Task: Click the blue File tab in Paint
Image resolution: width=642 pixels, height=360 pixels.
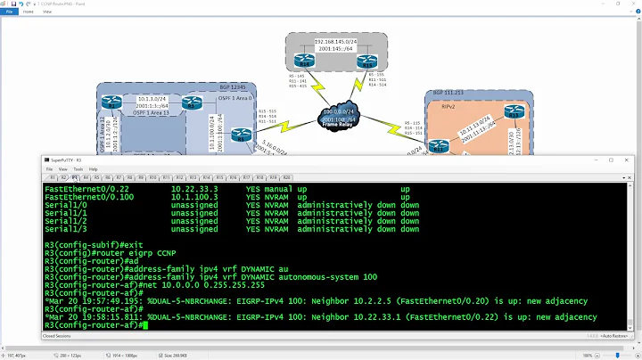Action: [x=10, y=12]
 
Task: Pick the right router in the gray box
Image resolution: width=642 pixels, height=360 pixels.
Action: [x=365, y=62]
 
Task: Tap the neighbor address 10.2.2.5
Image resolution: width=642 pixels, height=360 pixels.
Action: [x=381, y=300]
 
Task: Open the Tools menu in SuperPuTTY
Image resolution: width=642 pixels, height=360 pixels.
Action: [x=77, y=168]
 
